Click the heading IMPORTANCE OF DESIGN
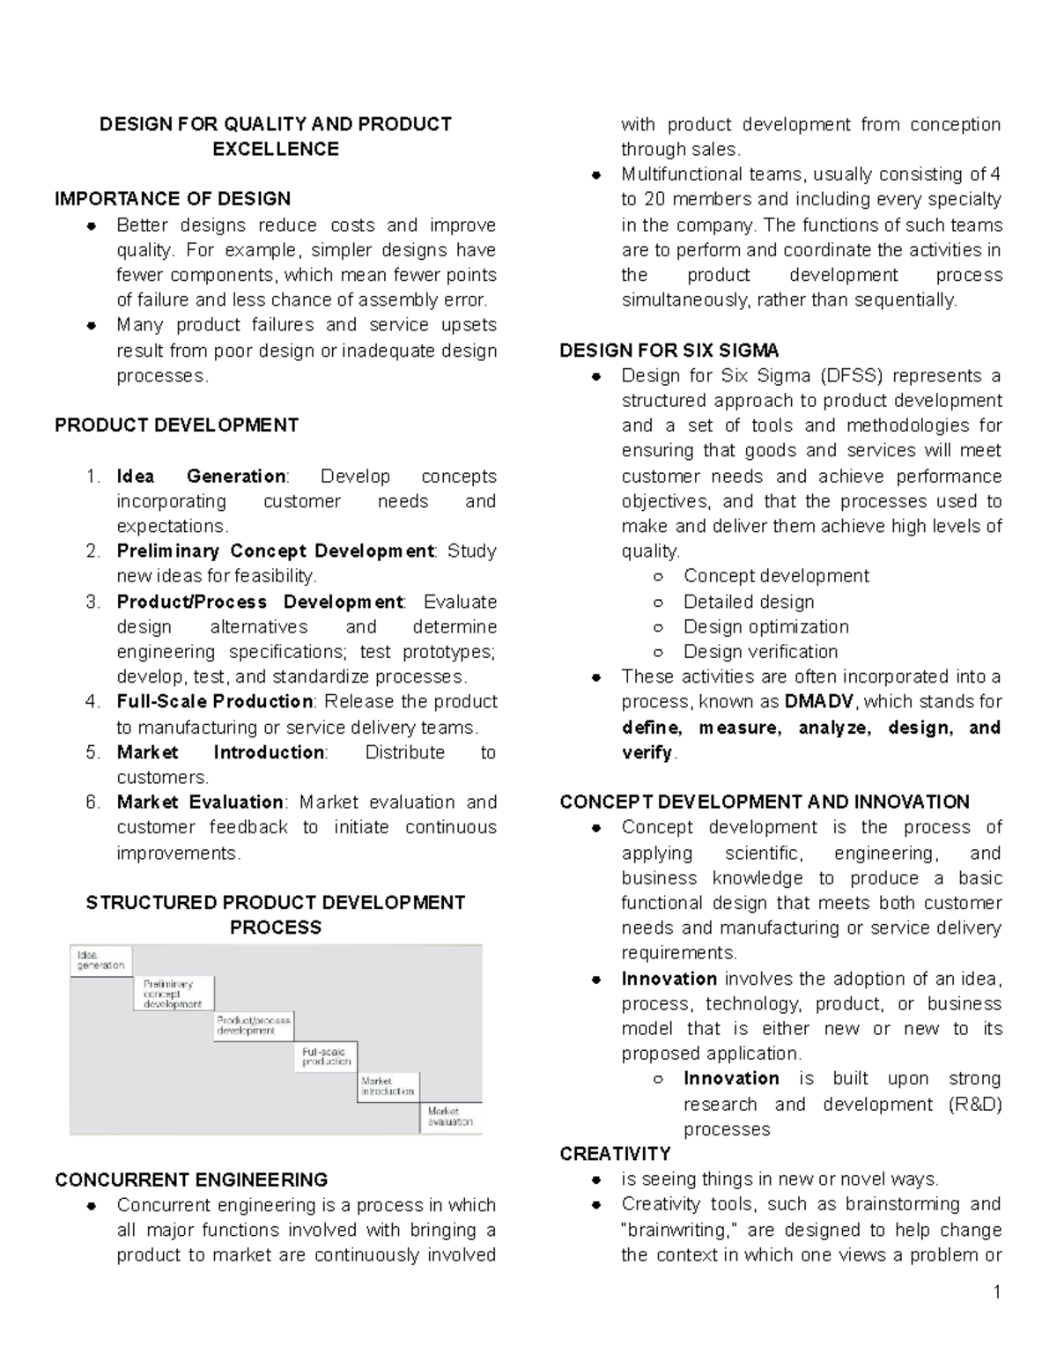click(x=173, y=199)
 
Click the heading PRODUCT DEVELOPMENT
click(x=176, y=425)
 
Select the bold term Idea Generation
click(x=201, y=477)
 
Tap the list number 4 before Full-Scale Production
click(x=93, y=702)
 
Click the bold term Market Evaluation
click(x=200, y=802)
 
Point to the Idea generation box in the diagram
click(x=100, y=960)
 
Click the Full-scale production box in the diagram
click(x=326, y=1056)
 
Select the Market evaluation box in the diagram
click(x=450, y=1117)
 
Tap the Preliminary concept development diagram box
click(x=173, y=994)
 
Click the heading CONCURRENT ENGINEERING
click(x=191, y=1180)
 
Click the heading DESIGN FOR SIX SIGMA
click(x=669, y=351)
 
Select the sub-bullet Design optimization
click(x=765, y=627)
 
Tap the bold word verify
click(x=647, y=753)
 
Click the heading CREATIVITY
click(x=615, y=1154)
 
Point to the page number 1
click(x=996, y=1292)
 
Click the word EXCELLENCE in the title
click(x=276, y=149)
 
